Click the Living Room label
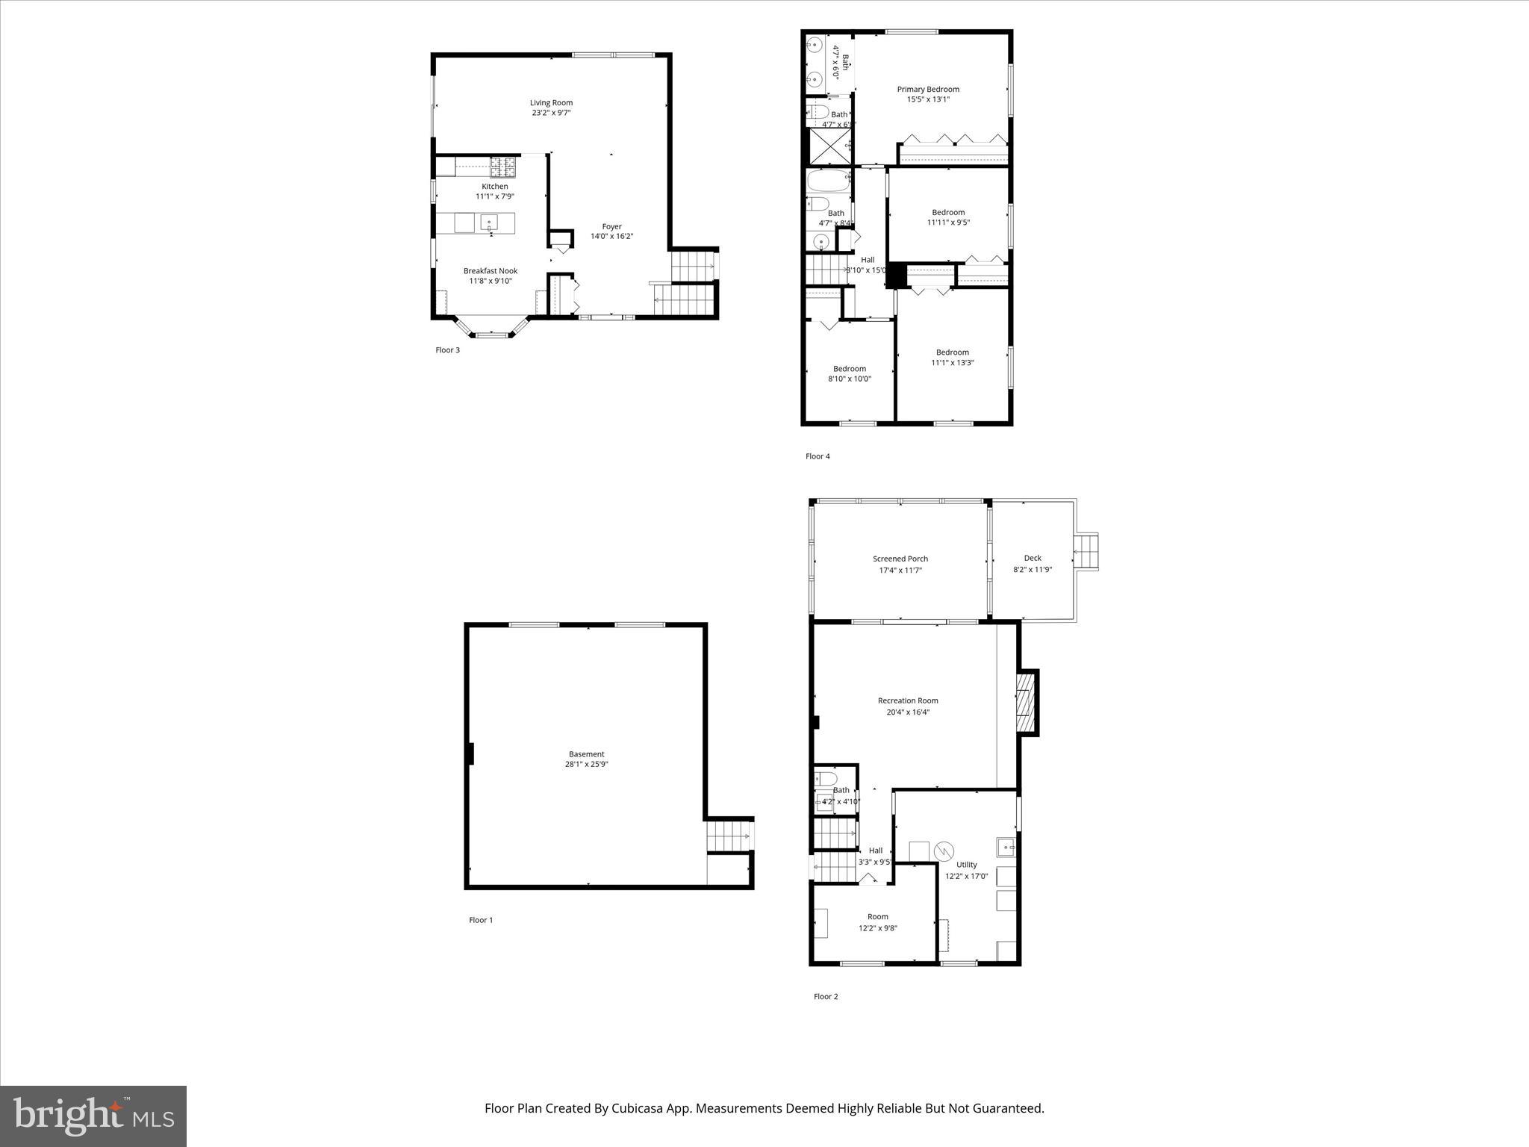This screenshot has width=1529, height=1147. [551, 103]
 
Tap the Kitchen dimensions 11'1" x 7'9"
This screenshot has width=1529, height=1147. [494, 196]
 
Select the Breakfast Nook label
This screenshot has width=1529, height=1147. [490, 271]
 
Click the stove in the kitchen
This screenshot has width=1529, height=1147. [502, 166]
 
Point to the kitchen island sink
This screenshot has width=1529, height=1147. [489, 222]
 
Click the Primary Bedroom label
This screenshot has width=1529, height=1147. [928, 90]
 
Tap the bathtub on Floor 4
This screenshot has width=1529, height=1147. [828, 181]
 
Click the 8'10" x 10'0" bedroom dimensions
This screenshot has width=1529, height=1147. [849, 379]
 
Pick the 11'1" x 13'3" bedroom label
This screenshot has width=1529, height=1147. [952, 352]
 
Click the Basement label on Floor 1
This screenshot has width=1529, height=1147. [586, 754]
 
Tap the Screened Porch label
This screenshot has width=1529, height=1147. [900, 559]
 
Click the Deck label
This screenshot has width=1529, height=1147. [1033, 558]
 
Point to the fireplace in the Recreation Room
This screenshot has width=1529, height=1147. [1027, 703]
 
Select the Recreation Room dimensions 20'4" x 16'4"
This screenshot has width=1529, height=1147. [907, 712]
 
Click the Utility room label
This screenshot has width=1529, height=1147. [966, 865]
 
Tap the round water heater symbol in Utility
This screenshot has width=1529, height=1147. [944, 851]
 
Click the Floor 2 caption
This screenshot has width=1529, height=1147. [826, 996]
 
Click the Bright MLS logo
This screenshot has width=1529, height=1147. [93, 1116]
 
